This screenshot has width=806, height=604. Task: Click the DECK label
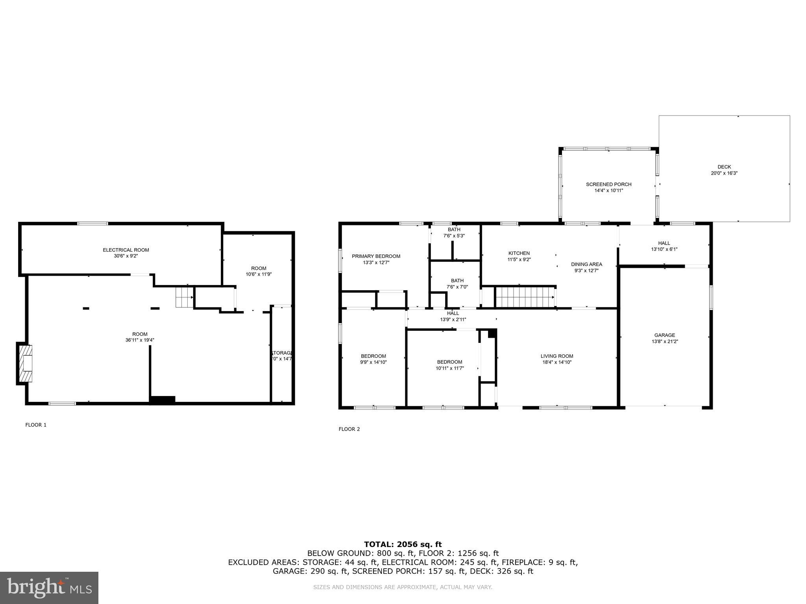(724, 167)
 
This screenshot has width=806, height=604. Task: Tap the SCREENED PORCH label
(608, 184)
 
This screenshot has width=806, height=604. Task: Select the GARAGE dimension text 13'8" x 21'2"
(664, 342)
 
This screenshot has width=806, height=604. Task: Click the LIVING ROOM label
(556, 356)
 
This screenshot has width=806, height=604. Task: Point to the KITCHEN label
(519, 253)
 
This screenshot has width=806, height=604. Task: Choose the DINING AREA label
(586, 264)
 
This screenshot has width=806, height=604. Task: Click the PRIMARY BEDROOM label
(376, 256)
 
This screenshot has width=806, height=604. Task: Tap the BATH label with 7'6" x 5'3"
(454, 230)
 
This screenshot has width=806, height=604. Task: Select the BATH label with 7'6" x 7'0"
(457, 280)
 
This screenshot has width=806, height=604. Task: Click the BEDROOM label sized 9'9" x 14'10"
(373, 356)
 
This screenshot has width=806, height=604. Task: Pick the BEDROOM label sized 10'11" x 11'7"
(449, 362)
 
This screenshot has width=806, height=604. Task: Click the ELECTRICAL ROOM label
(126, 250)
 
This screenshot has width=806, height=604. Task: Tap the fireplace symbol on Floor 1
(25, 363)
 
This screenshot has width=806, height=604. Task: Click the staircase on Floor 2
(525, 297)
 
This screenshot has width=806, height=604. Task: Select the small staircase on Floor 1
(184, 297)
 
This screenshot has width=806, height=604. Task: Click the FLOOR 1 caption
(36, 425)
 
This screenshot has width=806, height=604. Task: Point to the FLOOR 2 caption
(349, 429)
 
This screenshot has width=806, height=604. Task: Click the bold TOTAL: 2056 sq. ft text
(403, 544)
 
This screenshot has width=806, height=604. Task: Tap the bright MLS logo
(49, 588)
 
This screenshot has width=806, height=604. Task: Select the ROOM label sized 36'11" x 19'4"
(140, 334)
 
